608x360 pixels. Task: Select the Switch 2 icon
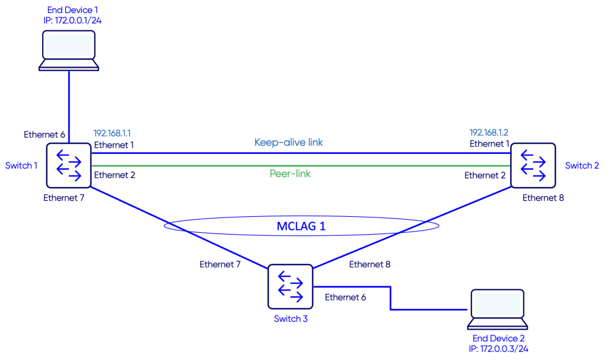[x=533, y=165]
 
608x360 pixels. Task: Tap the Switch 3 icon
[x=290, y=286]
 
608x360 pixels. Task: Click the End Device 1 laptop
[x=68, y=50]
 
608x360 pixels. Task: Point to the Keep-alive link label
[x=289, y=143]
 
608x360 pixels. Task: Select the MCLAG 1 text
[x=301, y=226]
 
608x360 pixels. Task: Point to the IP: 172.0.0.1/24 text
[x=68, y=21]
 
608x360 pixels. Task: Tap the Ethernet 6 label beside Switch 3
[x=346, y=297]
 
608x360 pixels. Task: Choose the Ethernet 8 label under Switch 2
[x=543, y=198]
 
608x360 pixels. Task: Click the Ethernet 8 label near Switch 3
[x=370, y=264]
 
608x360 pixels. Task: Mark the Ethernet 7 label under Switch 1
[x=64, y=198]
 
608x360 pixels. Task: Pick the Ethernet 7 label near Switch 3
[x=220, y=264]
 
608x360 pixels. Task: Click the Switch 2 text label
[x=582, y=166]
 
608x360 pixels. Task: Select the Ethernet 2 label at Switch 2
[x=485, y=175]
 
